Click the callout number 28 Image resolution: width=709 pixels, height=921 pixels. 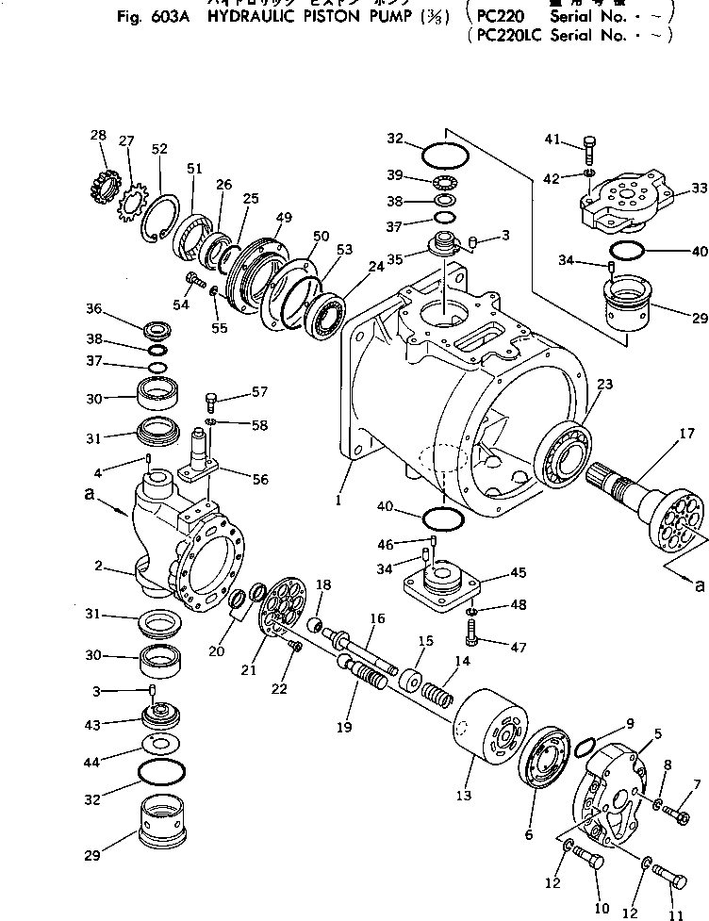[x=98, y=135]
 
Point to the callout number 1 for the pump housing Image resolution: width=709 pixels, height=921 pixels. [x=337, y=501]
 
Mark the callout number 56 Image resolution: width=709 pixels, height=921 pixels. [x=258, y=479]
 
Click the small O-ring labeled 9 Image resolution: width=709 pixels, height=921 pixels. [x=584, y=744]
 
